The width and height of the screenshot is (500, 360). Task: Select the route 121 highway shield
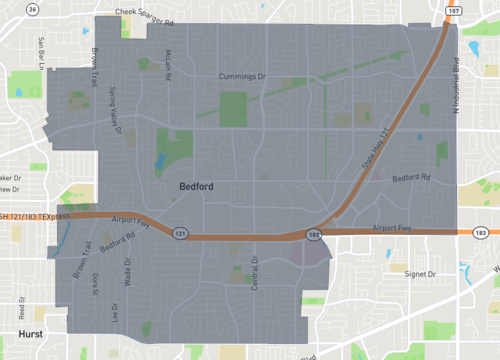179,233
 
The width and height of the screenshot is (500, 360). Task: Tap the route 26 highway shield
33,9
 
